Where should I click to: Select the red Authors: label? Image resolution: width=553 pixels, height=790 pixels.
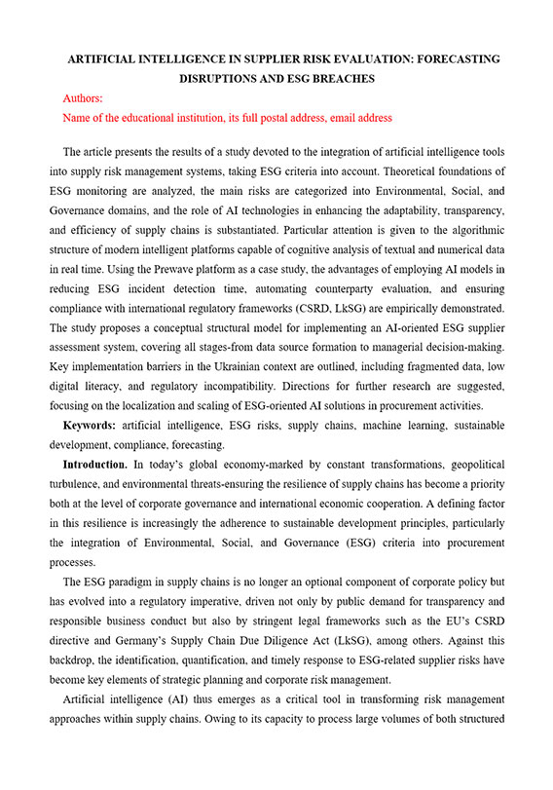tap(83, 98)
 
